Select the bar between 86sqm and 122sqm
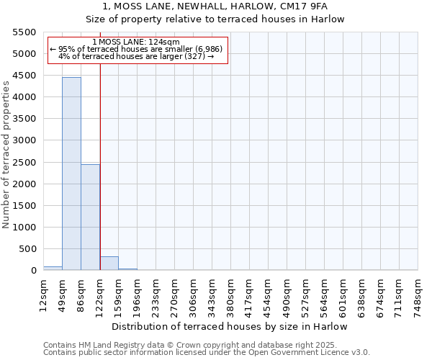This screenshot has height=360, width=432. click(x=90, y=217)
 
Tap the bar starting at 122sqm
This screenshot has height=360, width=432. click(x=109, y=263)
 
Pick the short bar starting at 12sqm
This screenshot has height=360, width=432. click(x=53, y=268)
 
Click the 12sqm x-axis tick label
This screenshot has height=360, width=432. click(x=43, y=293)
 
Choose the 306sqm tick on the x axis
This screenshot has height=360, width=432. click(x=193, y=293)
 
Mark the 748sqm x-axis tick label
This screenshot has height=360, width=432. click(x=418, y=293)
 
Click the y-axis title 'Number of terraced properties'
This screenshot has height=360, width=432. click(x=6, y=155)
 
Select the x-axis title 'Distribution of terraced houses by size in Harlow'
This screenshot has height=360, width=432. click(x=230, y=326)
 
